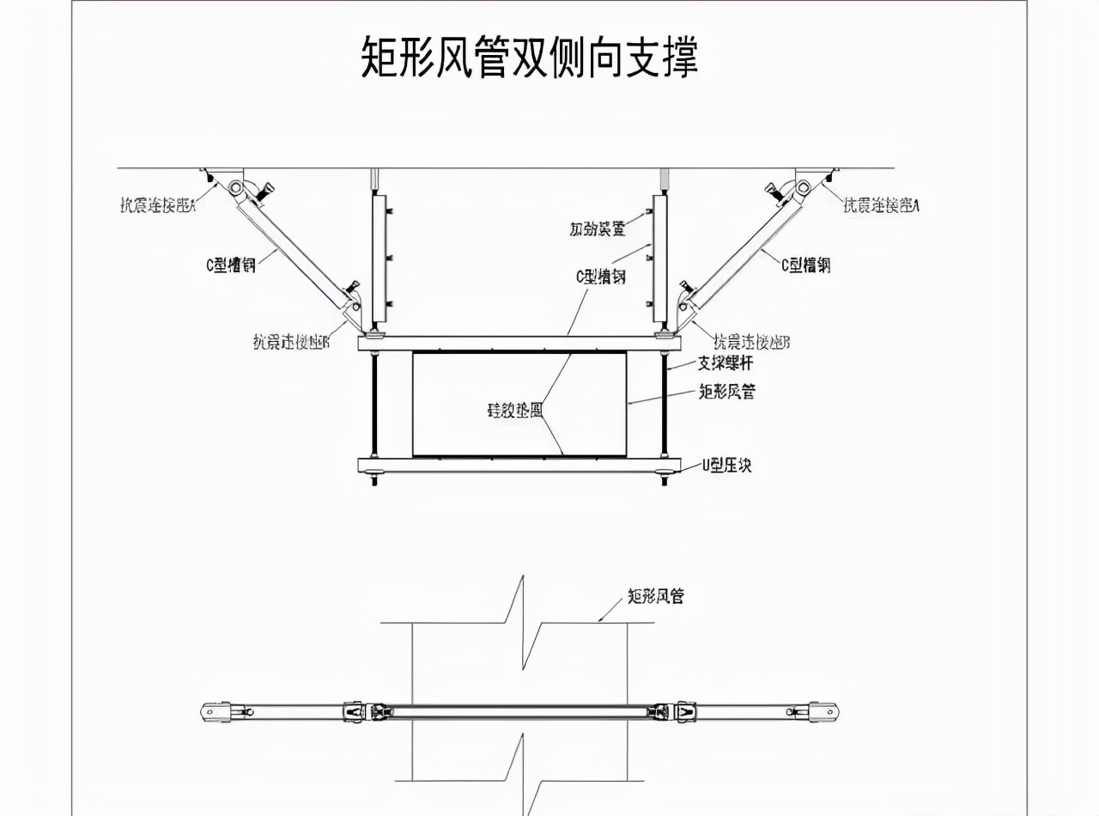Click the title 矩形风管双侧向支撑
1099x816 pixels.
coord(529,58)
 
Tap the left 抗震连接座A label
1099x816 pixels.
coord(158,205)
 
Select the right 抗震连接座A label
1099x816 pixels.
coord(882,204)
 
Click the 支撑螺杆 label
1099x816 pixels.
coord(726,363)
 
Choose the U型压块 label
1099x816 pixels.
coord(727,465)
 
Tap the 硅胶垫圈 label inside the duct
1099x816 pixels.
coord(515,410)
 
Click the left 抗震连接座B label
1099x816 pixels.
coord(291,342)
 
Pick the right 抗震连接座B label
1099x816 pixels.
coord(752,342)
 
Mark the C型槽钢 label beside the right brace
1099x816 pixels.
coord(805,265)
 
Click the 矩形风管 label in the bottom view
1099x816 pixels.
coord(655,596)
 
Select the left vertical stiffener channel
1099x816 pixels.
coord(378,258)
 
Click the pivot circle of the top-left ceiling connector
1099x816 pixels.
coord(234,186)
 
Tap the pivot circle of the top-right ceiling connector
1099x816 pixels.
coord(803,186)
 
